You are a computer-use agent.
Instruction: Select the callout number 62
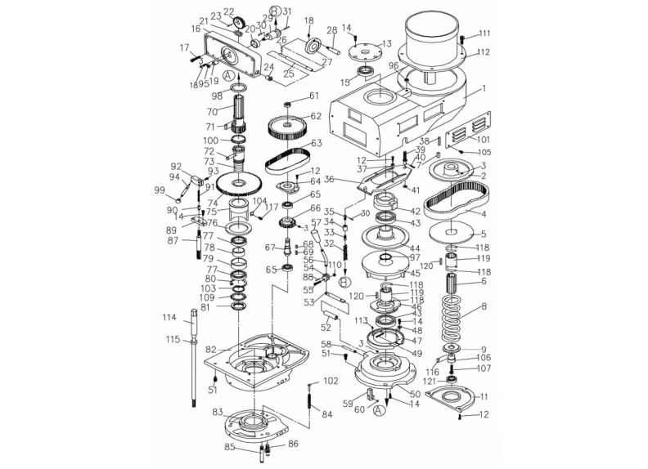[314, 116]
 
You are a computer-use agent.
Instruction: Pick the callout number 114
[169, 318]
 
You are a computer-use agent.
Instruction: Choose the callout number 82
[210, 349]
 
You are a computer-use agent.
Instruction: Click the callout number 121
[429, 382]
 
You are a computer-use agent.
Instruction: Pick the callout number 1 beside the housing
[484, 87]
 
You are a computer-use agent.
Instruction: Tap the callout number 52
[326, 328]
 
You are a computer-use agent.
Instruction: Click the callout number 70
[211, 111]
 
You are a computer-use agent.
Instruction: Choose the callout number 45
[415, 273]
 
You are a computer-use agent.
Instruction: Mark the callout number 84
[327, 414]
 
